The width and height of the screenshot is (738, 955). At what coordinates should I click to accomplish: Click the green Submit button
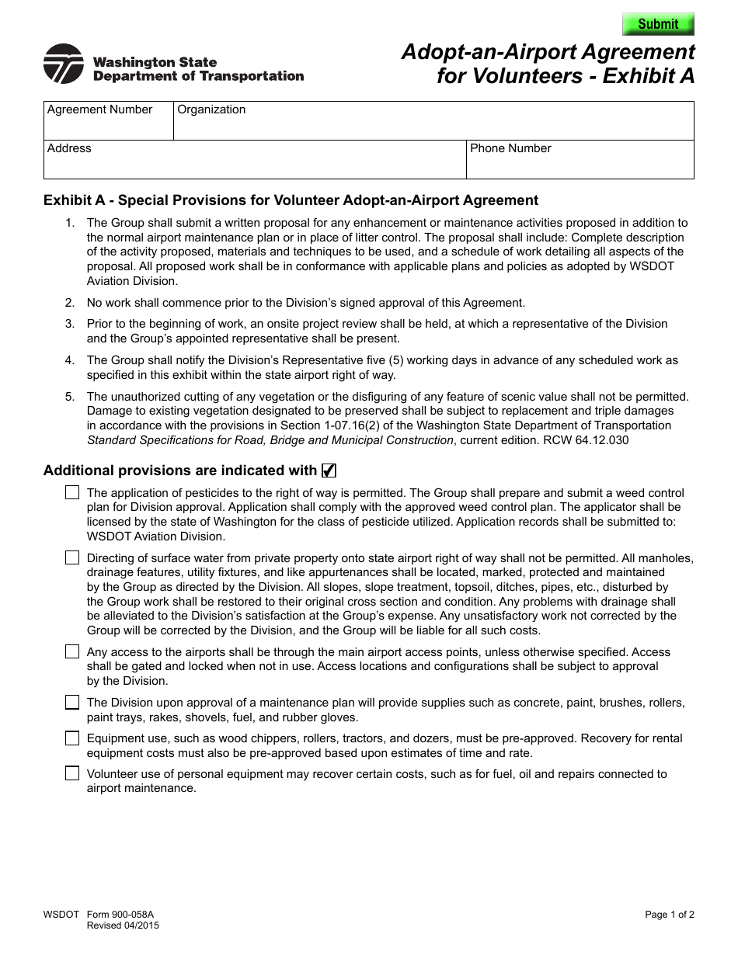[x=658, y=24]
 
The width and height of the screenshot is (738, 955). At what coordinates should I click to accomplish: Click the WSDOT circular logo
[x=64, y=64]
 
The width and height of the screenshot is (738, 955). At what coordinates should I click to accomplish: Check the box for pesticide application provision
[x=72, y=492]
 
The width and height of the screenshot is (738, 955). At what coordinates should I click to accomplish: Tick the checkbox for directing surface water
[x=72, y=557]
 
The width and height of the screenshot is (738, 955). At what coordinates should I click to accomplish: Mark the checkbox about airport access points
[x=72, y=652]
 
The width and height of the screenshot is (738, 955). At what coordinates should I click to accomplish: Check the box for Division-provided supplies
[x=72, y=703]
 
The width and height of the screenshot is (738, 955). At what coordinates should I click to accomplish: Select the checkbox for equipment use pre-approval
[x=72, y=738]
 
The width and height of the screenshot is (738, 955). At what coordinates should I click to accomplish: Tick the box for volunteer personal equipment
[x=72, y=773]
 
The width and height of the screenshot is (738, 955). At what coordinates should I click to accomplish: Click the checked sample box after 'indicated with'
[x=329, y=471]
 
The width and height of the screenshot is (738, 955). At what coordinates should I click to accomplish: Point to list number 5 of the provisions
[x=70, y=397]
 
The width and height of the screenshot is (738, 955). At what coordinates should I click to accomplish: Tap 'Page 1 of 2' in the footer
[x=670, y=915]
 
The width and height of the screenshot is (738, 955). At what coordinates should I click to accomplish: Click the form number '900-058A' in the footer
[x=120, y=915]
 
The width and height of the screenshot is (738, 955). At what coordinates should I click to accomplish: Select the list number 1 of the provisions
[x=70, y=224]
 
